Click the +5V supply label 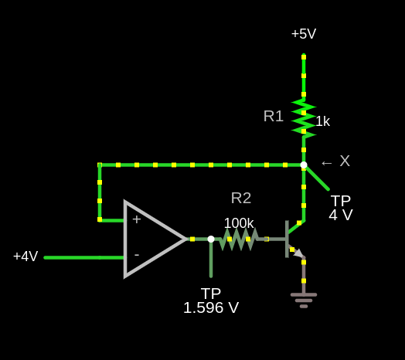[304, 34]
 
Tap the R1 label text [274, 116]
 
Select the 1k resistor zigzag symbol [304, 118]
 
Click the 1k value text [323, 121]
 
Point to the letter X [345, 161]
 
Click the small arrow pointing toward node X [326, 163]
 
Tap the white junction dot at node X [304, 165]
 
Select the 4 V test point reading [341, 215]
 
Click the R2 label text [241, 199]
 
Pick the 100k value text [239, 223]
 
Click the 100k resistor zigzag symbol [239, 239]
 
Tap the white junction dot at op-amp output [211, 239]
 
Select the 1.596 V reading [211, 307]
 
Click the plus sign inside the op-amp [137, 219]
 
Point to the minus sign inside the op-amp [137, 255]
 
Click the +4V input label [26, 256]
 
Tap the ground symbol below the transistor [304, 301]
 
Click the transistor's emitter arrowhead [299, 253]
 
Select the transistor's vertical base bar [287, 239]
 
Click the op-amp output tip [186, 239]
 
